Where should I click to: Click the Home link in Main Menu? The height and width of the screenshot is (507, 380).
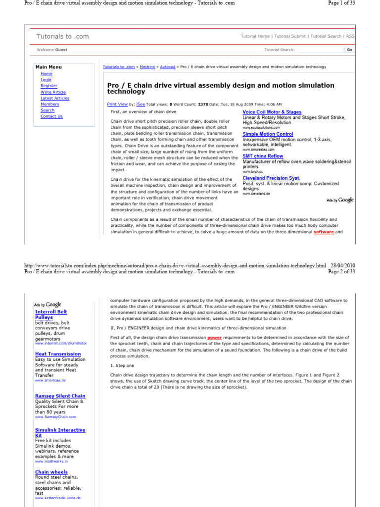pyautogui.click(x=46, y=74)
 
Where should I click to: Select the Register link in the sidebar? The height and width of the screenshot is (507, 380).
pyautogui.click(x=48, y=86)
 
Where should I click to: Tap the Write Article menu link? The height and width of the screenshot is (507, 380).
pyautogui.click(x=53, y=92)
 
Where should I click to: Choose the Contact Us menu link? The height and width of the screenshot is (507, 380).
pyautogui.click(x=51, y=116)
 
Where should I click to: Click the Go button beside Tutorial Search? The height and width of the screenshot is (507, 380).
pyautogui.click(x=349, y=50)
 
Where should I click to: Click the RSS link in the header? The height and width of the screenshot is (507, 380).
pyautogui.click(x=350, y=36)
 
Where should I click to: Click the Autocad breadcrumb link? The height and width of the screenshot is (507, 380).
pyautogui.click(x=167, y=67)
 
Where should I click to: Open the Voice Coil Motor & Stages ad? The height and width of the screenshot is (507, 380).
pyautogui.click(x=272, y=112)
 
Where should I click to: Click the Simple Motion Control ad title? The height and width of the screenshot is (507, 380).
pyautogui.click(x=268, y=134)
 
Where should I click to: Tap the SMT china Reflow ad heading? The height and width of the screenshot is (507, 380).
pyautogui.click(x=263, y=156)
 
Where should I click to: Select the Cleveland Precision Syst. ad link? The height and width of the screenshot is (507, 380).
pyautogui.click(x=271, y=178)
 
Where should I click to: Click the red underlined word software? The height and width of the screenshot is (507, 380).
pyautogui.click(x=324, y=232)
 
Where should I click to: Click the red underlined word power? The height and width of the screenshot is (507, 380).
pyautogui.click(x=214, y=337)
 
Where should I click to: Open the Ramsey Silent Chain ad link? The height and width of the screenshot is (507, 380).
pyautogui.click(x=60, y=396)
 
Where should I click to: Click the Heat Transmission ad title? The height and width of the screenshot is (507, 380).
pyautogui.click(x=58, y=354)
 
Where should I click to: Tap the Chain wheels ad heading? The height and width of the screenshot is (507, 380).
pyautogui.click(x=51, y=472)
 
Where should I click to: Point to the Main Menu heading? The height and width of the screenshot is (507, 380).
pyautogui.click(x=48, y=67)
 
